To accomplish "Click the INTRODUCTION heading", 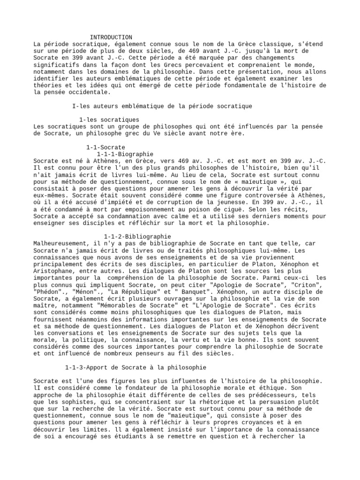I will pyautogui.click(x=111, y=37).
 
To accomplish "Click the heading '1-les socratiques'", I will pyautogui.click(x=109, y=120).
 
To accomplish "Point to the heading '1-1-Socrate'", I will pyautogui.click(x=105, y=147).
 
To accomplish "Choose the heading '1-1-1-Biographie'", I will pyautogui.click(x=125, y=154).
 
